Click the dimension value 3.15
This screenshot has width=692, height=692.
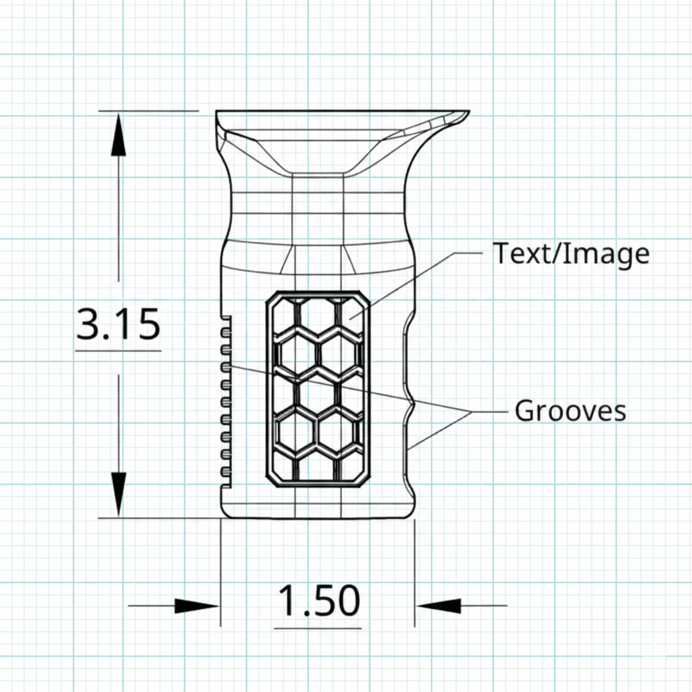click(x=118, y=325)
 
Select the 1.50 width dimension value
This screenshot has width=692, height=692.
click(x=318, y=601)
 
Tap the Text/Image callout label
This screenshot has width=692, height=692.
click(x=571, y=253)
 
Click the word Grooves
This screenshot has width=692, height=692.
click(x=570, y=411)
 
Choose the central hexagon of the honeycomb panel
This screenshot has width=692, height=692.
click(x=317, y=393)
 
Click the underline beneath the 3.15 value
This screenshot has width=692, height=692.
click(x=118, y=351)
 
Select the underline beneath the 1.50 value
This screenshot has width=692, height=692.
click(x=318, y=628)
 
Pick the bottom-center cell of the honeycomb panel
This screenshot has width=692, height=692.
click(x=317, y=468)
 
